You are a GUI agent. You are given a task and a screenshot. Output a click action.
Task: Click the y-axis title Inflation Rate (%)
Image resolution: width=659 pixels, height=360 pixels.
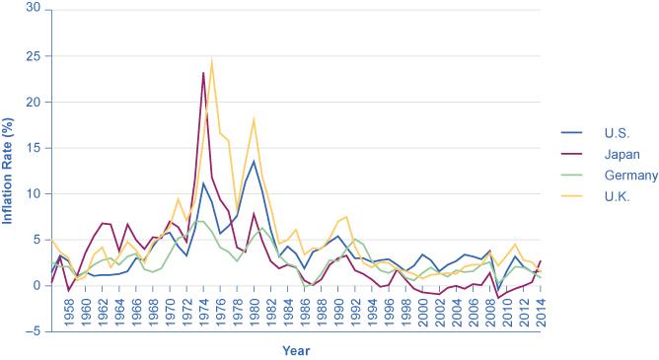point(8,168)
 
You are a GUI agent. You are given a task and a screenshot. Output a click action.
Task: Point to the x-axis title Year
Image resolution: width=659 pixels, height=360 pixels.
point(295,350)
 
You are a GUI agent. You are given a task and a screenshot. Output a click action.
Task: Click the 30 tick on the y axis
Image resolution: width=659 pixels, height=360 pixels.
point(34,9)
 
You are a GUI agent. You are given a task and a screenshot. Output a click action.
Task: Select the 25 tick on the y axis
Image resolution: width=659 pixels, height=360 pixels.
point(34,55)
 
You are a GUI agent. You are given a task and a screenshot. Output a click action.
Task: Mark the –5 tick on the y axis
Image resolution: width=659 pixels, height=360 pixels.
point(32,332)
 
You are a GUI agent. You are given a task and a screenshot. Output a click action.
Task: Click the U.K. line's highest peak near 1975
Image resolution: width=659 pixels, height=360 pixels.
point(211,59)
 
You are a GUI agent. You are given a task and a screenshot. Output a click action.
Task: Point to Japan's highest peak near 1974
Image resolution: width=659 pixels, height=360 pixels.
point(203,73)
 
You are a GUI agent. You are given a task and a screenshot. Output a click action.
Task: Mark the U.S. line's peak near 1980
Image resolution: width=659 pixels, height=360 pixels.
point(254,161)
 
